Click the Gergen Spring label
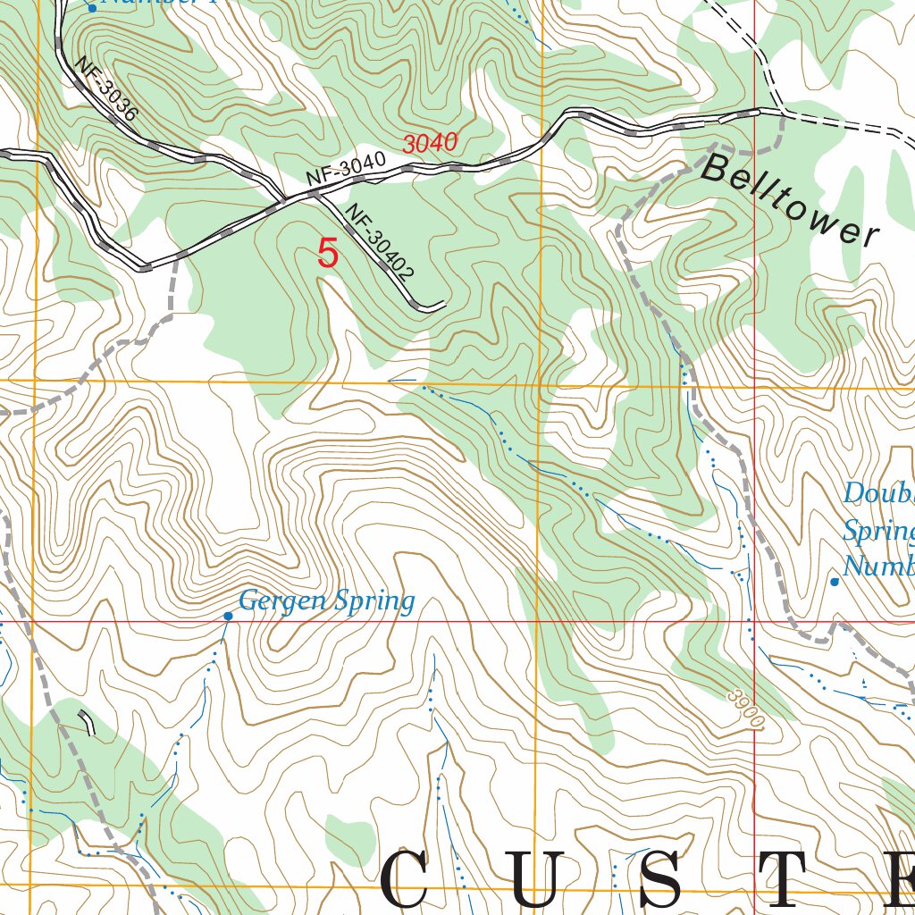(x=327, y=601)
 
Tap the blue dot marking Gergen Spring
(x=228, y=616)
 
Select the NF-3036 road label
(x=105, y=89)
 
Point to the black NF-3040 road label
(x=345, y=170)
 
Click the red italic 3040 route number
(x=430, y=143)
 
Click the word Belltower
(x=789, y=200)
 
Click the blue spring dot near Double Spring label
(x=835, y=582)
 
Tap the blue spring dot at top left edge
(x=91, y=8)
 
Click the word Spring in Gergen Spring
(x=374, y=602)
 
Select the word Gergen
(x=283, y=601)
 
